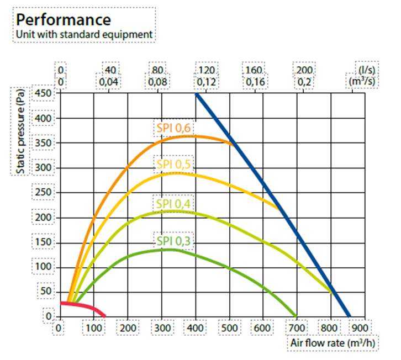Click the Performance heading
click(x=64, y=20)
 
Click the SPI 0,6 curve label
click(x=173, y=129)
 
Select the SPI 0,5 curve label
click(x=173, y=164)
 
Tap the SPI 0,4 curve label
click(x=173, y=204)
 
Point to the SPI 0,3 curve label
click(x=173, y=241)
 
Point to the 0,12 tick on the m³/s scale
click(x=206, y=82)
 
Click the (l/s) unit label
click(x=367, y=70)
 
